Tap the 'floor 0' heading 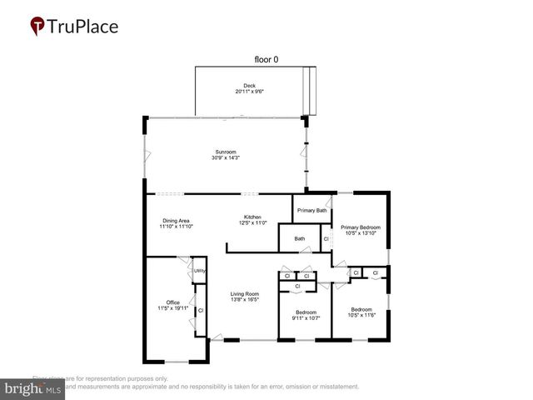(x=268, y=59)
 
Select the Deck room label (x=249, y=86)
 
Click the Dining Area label (x=177, y=220)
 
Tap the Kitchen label (x=252, y=217)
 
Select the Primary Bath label (x=311, y=211)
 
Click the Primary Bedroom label (x=360, y=227)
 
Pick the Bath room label (x=299, y=239)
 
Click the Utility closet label (x=199, y=271)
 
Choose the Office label (x=172, y=302)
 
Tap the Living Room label (x=245, y=293)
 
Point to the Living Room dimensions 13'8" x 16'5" (x=245, y=300)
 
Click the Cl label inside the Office (x=201, y=310)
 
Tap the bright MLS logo (x=32, y=389)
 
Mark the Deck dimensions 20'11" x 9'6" (x=249, y=92)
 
